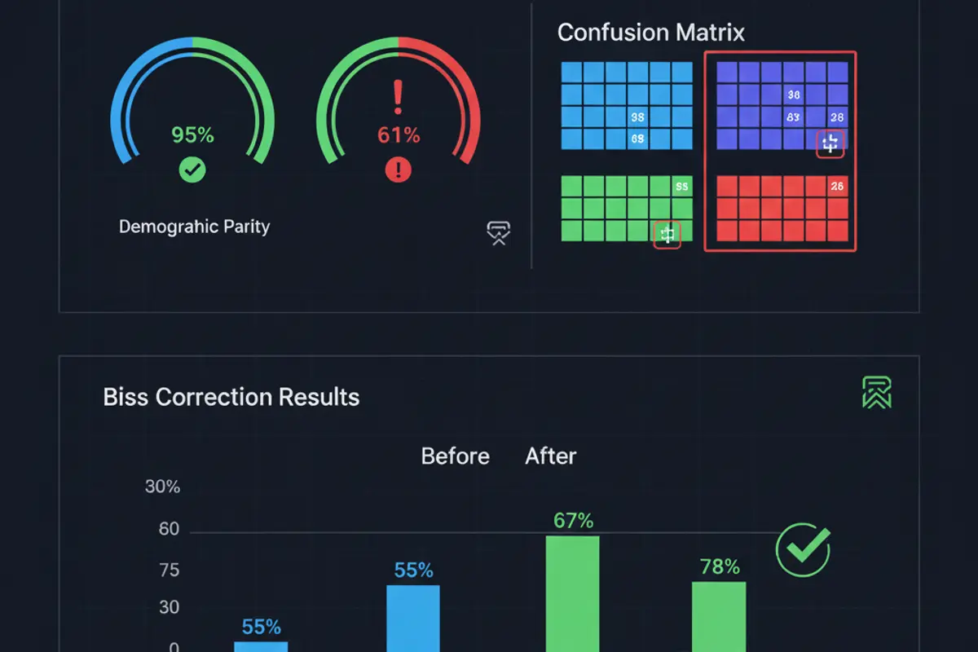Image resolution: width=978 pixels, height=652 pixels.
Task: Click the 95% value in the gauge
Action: [x=192, y=134]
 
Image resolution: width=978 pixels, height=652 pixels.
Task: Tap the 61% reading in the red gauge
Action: [x=399, y=134]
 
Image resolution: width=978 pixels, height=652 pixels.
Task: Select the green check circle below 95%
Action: [x=192, y=170]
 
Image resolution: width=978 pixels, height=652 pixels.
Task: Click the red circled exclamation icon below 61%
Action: [x=399, y=170]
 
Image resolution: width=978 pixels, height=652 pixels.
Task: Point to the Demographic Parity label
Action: [x=194, y=227]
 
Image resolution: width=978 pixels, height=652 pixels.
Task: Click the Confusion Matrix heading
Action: [x=650, y=33]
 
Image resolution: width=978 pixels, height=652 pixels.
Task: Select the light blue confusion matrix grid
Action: [x=627, y=106]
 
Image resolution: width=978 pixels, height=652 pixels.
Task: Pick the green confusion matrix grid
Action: [x=627, y=209]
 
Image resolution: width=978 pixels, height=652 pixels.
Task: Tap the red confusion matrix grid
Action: [x=782, y=209]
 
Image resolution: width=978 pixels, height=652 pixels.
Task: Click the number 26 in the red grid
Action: [x=837, y=187]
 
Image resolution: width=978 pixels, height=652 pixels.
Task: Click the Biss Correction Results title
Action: [x=231, y=397]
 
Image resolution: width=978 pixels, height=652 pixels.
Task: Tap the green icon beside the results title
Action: [x=877, y=393]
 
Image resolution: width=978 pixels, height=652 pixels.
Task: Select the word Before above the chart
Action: [x=455, y=456]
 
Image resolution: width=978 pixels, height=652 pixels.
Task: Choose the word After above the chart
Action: [x=550, y=456]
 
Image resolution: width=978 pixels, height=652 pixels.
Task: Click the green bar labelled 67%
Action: [x=572, y=593]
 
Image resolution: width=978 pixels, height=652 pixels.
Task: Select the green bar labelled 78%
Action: [x=719, y=616]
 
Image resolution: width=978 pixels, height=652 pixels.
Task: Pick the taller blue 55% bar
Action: [x=412, y=618]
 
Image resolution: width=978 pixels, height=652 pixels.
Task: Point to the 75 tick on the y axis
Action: [x=169, y=570]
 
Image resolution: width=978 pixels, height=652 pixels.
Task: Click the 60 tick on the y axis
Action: [x=169, y=529]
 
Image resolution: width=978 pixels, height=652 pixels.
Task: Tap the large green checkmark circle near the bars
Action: [x=803, y=550]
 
